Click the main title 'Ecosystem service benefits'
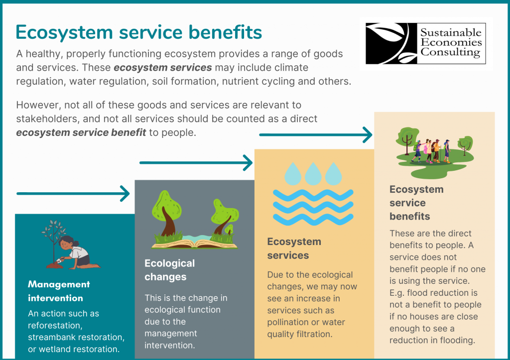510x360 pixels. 139,32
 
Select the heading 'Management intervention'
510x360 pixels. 59,291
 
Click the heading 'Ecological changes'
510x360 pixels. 170,270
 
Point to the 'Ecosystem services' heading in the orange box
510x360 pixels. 294,248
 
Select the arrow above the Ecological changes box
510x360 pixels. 196,162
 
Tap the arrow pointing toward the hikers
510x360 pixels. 316,134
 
